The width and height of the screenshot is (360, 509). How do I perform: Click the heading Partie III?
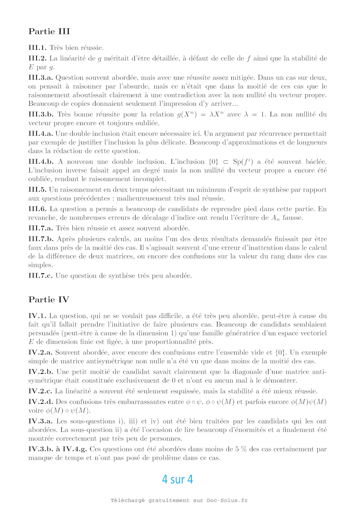pos(49,32)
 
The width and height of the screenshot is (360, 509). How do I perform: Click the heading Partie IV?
pos(49,300)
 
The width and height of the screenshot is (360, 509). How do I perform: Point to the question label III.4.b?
pos(41,162)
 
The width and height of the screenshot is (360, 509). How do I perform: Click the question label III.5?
pos(37,190)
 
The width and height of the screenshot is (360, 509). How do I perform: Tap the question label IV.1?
pos(37,316)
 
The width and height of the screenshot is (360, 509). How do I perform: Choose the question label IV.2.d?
pos(41,402)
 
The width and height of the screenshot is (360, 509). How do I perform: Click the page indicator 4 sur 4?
pos(177,479)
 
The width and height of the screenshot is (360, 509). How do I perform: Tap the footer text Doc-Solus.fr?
pos(227,500)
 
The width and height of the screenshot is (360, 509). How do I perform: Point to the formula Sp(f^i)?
pos(243,162)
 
